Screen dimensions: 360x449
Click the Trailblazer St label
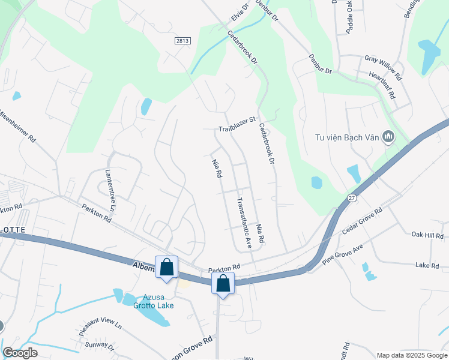[237, 128]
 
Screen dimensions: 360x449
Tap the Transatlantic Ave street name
[243, 223]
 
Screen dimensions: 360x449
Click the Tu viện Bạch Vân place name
[348, 137]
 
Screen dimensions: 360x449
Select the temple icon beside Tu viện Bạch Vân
[388, 137]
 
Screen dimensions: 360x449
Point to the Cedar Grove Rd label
[362, 221]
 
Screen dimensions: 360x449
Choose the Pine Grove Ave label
[343, 256]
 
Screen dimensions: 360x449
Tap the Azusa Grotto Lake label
[158, 301]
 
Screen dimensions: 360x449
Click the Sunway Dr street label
[100, 345]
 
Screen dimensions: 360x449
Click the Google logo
[21, 353]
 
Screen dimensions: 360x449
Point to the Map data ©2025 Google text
[411, 355]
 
